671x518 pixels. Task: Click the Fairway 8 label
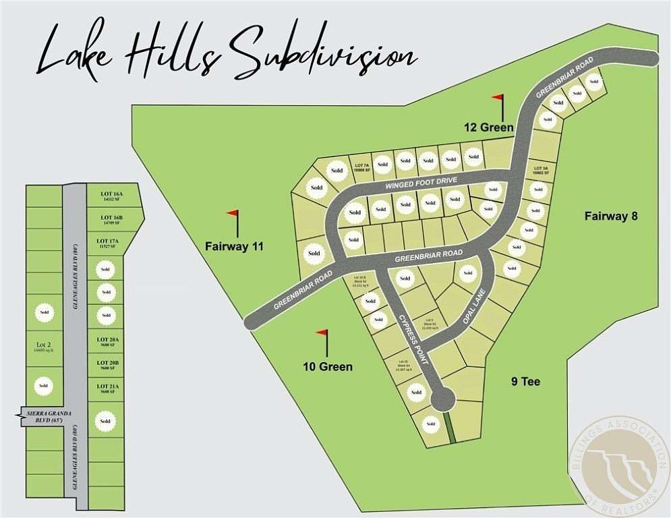[611, 217]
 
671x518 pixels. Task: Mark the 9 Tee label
[525, 382]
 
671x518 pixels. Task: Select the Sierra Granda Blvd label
[43, 416]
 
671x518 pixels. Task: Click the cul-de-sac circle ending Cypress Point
[442, 400]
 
